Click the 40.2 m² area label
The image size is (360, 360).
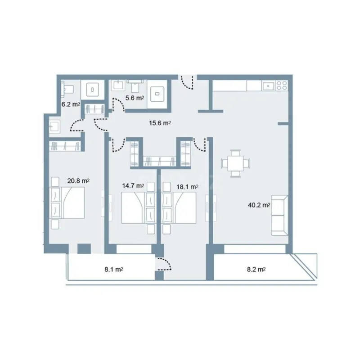(x=259, y=205)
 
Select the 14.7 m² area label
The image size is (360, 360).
(x=133, y=185)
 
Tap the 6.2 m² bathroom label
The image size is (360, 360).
(x=71, y=104)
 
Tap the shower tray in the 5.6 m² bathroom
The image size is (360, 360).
(x=159, y=95)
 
